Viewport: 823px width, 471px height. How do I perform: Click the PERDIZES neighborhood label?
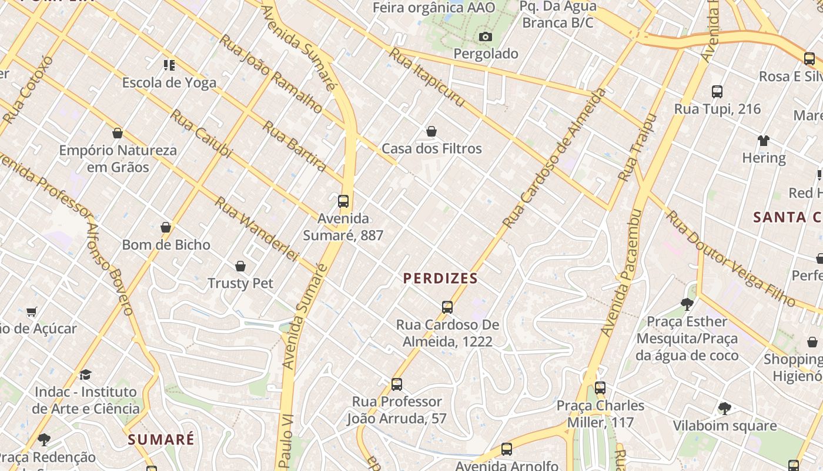[x=440, y=278]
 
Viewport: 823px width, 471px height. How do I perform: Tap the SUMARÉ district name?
[x=160, y=439]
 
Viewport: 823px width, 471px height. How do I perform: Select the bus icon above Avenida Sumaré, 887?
[x=343, y=201]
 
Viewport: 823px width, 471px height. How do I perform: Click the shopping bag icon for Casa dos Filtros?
[x=431, y=131]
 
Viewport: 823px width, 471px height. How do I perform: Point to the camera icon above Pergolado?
[x=485, y=37]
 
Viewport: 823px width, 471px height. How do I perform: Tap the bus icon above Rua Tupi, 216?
[x=717, y=92]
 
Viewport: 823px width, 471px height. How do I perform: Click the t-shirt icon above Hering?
[x=763, y=141]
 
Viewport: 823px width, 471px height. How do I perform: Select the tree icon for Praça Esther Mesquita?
[x=687, y=304]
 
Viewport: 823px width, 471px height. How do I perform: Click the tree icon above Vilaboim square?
[x=724, y=408]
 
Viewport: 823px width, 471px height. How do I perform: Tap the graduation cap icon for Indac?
[x=86, y=374]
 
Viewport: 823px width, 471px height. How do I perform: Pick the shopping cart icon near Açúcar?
[x=32, y=311]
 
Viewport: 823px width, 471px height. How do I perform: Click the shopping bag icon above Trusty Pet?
[x=240, y=266]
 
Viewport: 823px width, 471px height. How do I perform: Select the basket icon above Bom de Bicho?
[x=166, y=227]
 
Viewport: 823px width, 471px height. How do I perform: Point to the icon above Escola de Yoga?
[x=169, y=65]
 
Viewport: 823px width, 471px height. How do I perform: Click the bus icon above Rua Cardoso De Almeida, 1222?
[x=447, y=307]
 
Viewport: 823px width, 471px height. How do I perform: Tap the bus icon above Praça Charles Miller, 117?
[x=600, y=388]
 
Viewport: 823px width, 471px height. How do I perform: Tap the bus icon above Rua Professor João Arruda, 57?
[x=397, y=384]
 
